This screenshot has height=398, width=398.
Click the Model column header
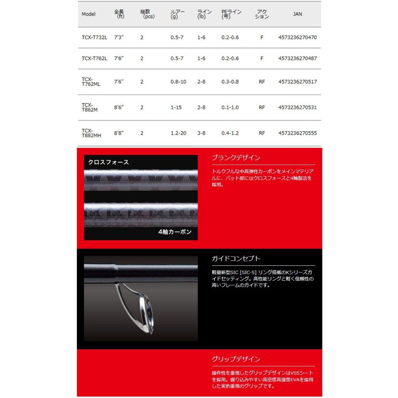[88, 14]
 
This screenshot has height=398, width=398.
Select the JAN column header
[298, 14]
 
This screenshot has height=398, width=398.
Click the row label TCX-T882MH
[91, 133]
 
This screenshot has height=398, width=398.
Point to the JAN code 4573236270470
[298, 38]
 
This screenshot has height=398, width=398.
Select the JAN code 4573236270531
[298, 107]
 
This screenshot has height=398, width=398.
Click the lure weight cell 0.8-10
[179, 82]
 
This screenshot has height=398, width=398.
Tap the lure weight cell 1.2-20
[179, 133]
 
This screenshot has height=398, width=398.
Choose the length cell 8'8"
[119, 133]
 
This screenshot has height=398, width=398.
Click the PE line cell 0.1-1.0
[230, 107]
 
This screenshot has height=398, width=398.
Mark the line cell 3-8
[201, 133]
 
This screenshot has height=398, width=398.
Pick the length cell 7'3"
[119, 38]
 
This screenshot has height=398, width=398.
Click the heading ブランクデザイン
[236, 157]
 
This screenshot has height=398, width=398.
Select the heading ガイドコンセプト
[236, 258]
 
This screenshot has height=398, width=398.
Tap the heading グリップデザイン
[236, 359]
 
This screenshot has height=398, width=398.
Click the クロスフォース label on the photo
[108, 162]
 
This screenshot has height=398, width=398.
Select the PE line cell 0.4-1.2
[230, 133]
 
